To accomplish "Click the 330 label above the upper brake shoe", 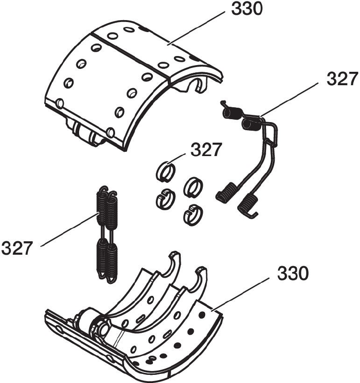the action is pos(247,9).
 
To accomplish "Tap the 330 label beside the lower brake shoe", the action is pos(293,273).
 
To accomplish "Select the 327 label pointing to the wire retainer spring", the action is pos(342,79).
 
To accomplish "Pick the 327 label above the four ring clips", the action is pos(206,150).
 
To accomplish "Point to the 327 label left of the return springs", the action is pos(17,248).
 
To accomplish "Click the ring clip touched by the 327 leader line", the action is pos(166,172).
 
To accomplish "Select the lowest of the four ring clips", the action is pos(193,214).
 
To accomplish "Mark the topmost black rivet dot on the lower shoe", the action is pos(202,315).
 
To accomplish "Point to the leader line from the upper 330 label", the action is pos(197,28).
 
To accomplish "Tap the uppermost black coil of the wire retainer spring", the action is pos(232,113).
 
